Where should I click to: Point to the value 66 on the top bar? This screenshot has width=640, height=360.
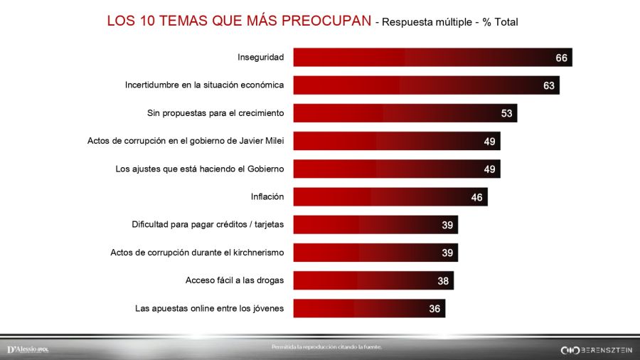coord(561,58)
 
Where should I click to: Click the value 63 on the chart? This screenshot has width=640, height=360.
coord(548,86)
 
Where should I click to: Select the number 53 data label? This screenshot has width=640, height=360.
coord(506,114)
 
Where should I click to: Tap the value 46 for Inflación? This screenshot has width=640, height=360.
coord(476,198)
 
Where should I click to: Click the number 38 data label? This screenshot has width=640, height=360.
coord(443,281)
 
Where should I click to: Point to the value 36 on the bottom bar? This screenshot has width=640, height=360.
coord(434,309)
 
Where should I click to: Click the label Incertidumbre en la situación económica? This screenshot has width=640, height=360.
coord(204,85)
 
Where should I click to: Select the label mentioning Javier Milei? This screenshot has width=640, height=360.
coord(186,141)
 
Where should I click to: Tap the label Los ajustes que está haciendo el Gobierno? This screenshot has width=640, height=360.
coord(199,169)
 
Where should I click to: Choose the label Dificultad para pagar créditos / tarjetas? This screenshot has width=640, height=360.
coord(208,224)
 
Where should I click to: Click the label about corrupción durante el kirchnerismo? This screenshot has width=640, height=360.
coord(197,252)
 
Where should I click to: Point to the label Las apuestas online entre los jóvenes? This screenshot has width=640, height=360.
coord(209,308)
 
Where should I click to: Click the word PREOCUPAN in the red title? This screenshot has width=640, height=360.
coord(326,21)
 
